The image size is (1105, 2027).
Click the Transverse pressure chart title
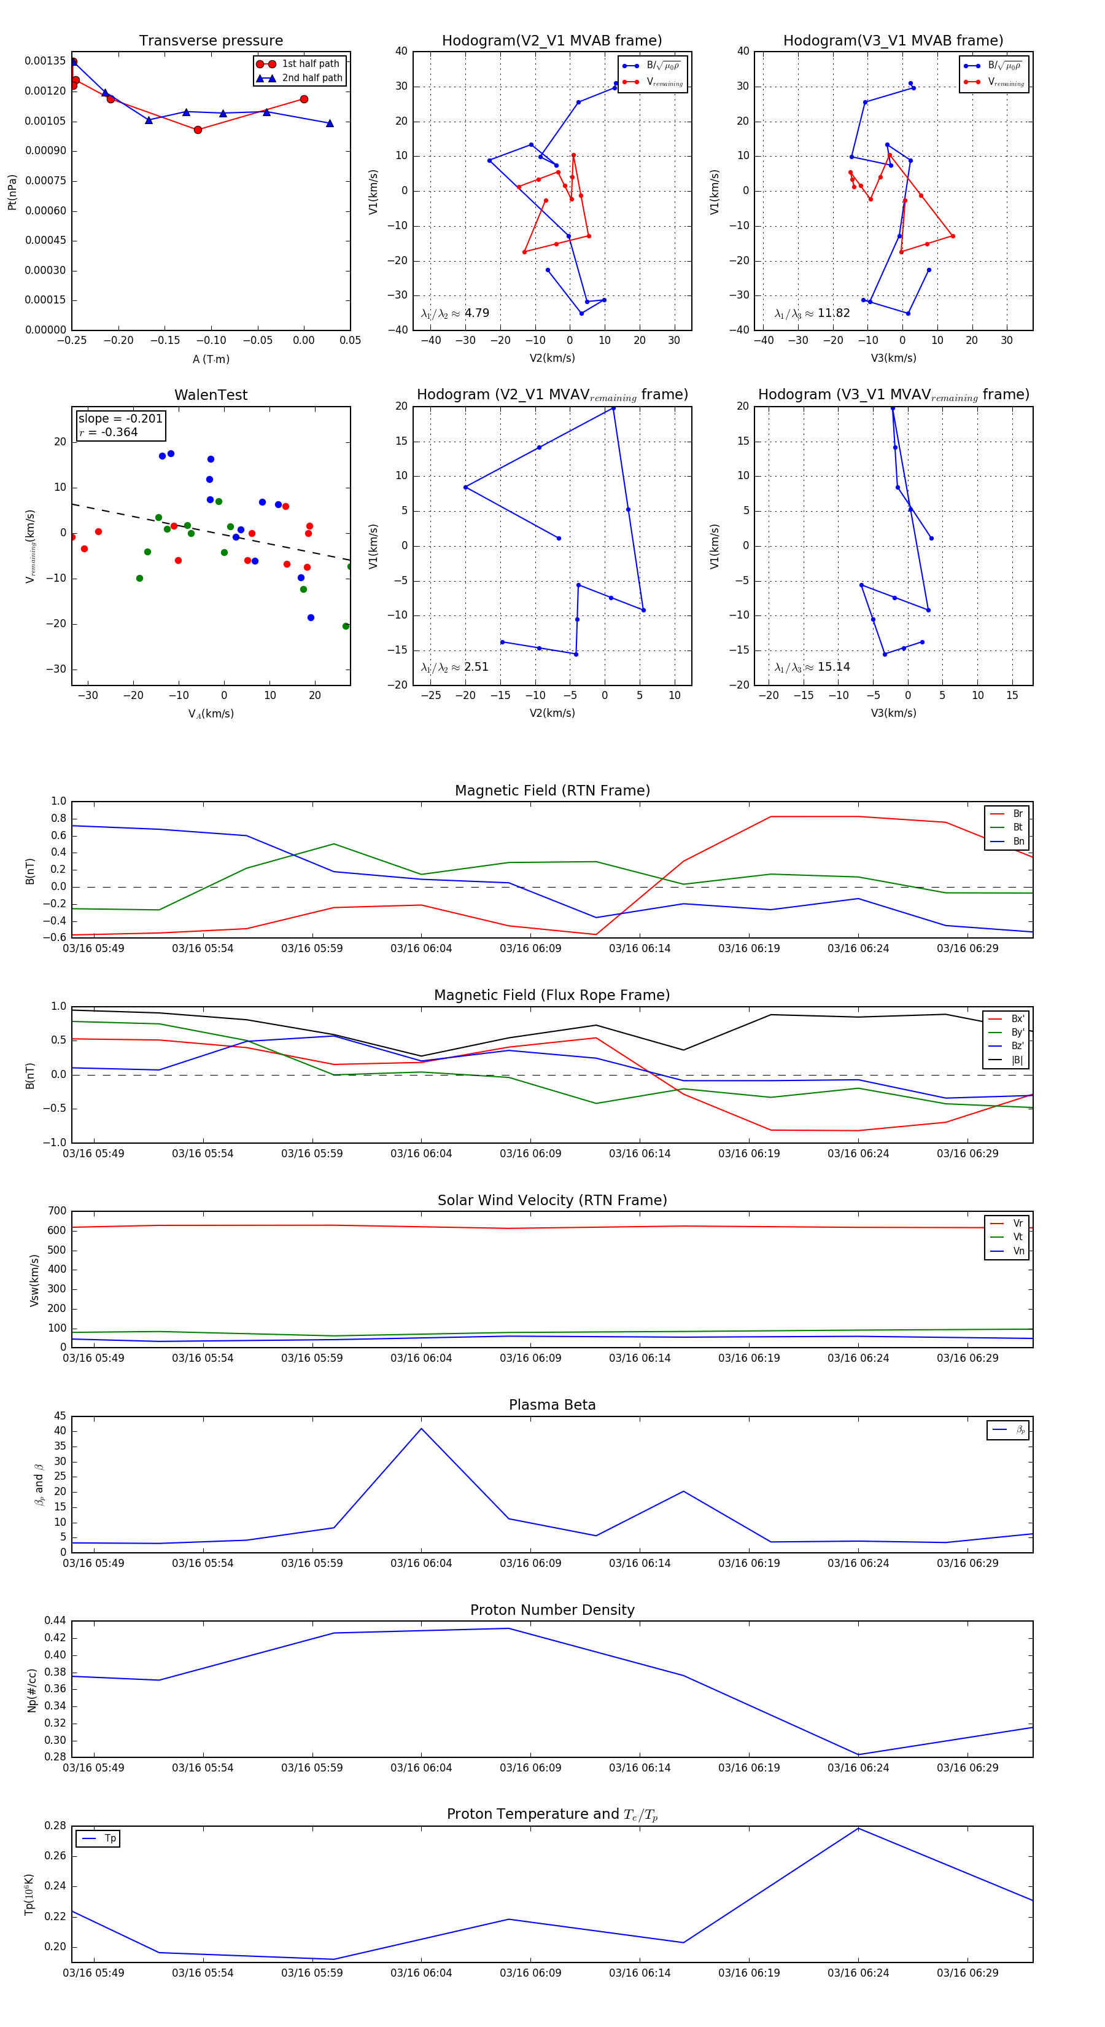tap(211, 41)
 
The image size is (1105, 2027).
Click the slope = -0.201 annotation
tap(120, 419)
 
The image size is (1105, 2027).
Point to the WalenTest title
tap(211, 395)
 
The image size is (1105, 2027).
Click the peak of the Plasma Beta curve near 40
tap(422, 1428)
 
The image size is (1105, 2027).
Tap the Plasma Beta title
tap(552, 1405)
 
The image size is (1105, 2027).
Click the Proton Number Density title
tap(552, 1610)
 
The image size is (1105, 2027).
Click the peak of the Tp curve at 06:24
tap(858, 1828)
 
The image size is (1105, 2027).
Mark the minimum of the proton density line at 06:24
tap(858, 1755)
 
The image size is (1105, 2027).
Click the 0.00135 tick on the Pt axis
tap(45, 61)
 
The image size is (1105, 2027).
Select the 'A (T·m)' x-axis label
tap(211, 359)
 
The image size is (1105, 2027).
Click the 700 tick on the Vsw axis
tap(56, 1211)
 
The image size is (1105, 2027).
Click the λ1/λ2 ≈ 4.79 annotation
tap(456, 313)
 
